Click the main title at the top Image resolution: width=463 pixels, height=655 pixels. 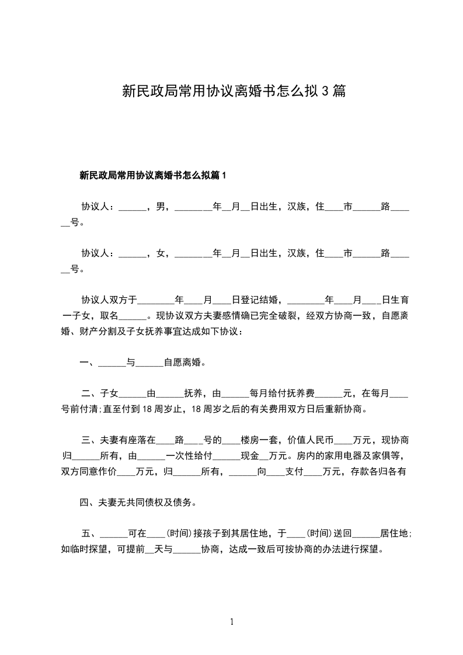click(234, 91)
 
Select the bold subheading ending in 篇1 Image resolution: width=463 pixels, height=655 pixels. click(152, 175)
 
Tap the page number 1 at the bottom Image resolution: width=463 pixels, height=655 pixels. click(232, 622)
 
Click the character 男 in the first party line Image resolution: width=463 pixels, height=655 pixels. click(161, 206)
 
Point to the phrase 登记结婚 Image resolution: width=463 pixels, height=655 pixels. click(250, 301)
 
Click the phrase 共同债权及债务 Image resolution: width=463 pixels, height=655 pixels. click(161, 502)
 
